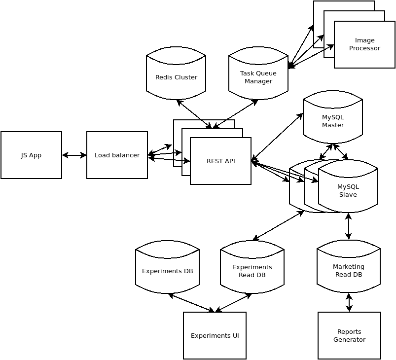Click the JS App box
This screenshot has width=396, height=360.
coord(31,155)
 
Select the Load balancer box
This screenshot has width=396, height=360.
coord(117,155)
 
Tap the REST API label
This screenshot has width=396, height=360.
coord(220,161)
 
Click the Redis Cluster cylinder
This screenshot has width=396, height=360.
coord(176,74)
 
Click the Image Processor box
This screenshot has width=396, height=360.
coord(364,44)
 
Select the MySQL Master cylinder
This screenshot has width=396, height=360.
coord(333,118)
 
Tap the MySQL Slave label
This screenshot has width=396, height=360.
coord(348,190)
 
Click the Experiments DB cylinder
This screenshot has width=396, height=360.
coord(167,269)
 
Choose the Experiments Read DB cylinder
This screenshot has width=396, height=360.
coord(252,269)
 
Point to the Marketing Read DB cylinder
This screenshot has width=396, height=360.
coord(349,269)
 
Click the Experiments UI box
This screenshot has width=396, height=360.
coord(215,335)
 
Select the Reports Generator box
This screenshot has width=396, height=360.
coord(349,335)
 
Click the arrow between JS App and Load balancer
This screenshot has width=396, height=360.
coord(74,155)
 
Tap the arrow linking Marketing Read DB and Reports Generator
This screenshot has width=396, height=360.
coord(349,302)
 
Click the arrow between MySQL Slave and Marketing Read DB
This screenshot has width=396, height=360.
coord(349,226)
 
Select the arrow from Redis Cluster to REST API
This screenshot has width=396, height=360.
coord(194,114)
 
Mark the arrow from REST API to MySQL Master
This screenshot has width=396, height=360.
coord(277,137)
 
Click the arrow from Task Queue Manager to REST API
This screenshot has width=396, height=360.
coord(236,114)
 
